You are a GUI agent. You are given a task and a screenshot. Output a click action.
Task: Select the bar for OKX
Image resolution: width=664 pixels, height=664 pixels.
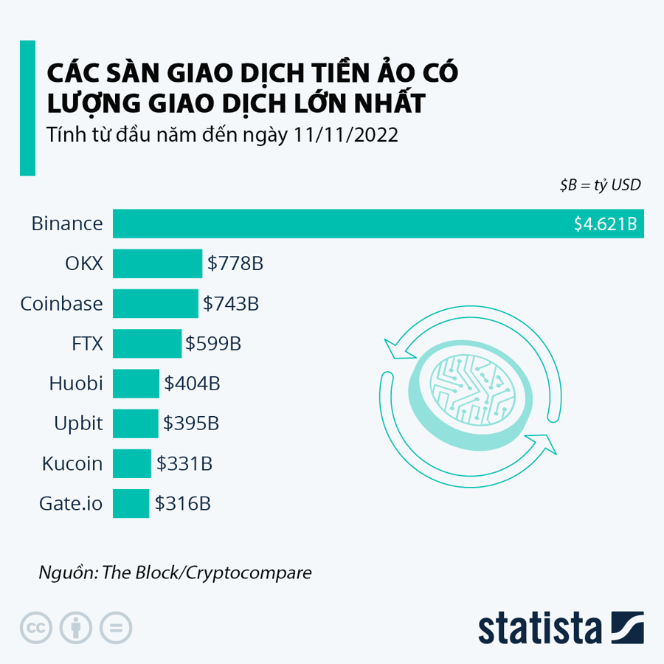pos(157,263)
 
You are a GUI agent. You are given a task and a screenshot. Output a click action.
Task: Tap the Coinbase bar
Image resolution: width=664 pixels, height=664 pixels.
pos(155,303)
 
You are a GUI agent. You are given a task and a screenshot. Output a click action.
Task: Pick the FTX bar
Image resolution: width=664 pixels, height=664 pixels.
pos(147,343)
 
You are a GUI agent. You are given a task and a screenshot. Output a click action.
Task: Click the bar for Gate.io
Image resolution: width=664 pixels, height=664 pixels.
pos(131,503)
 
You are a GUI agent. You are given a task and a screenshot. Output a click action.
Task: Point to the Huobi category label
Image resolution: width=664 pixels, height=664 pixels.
pos(75,384)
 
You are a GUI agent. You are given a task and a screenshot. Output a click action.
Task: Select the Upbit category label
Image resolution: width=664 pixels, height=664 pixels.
pos(78,423)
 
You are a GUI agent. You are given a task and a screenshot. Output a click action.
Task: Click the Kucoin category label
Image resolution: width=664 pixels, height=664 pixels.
pos(72,464)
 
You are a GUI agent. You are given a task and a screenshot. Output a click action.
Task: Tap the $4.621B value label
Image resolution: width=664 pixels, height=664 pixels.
pos(605,224)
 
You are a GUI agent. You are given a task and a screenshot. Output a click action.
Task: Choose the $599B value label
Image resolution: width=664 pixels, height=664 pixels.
pos(213,344)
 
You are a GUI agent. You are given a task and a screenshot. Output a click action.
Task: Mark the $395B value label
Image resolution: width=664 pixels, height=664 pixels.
pos(191,424)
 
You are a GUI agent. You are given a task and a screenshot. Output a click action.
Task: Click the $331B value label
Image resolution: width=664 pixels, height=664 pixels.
pos(184,464)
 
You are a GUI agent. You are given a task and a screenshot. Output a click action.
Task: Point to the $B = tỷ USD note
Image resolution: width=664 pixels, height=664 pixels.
pos(600,185)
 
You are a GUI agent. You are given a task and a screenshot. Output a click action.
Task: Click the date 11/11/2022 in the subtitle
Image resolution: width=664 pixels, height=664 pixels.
pos(346,136)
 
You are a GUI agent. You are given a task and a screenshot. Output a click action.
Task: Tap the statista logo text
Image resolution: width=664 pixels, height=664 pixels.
pos(540,629)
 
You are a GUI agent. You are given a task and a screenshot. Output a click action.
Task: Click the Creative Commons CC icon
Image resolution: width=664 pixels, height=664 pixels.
pos(35,628)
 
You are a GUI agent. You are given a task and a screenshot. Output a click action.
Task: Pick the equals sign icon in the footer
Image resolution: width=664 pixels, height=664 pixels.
pos(116,628)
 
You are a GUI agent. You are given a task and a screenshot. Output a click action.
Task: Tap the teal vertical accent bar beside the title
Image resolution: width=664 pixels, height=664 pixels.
pos(27,108)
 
